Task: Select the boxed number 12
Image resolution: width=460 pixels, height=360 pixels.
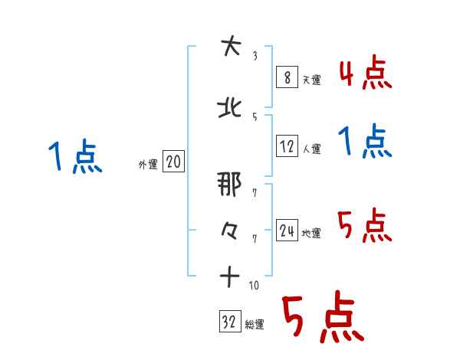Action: tap(287, 147)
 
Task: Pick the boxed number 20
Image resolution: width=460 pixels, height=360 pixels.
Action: tap(173, 163)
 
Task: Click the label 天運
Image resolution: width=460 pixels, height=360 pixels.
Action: tap(313, 79)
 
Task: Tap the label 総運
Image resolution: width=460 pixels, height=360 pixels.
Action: tap(255, 325)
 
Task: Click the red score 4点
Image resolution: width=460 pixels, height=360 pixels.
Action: tap(365, 72)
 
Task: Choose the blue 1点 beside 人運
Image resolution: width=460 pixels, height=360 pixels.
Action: tap(365, 142)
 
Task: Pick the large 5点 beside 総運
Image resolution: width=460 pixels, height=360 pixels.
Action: tap(322, 318)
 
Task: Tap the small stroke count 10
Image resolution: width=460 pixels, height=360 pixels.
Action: tap(254, 286)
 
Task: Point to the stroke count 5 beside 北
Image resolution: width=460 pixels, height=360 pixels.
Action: tap(255, 116)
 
